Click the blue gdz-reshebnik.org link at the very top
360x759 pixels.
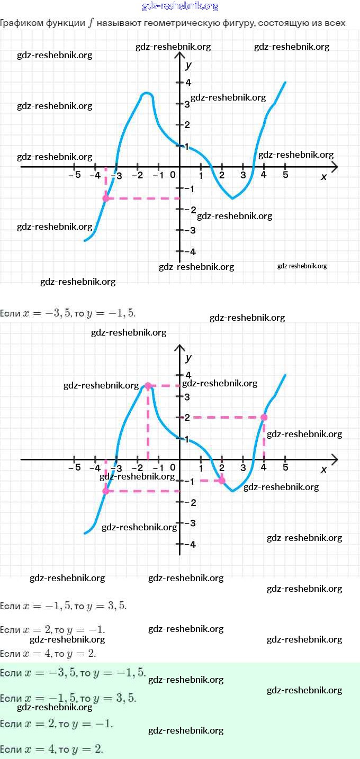(180, 6)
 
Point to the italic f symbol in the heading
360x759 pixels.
(91, 23)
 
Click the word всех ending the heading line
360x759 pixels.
(334, 23)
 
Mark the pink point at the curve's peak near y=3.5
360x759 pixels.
(148, 386)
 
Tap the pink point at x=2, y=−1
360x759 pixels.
(222, 481)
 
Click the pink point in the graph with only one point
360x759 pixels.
(106, 198)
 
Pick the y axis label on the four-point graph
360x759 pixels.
(188, 358)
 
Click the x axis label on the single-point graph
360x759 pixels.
(324, 177)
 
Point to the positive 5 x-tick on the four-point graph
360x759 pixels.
(285, 468)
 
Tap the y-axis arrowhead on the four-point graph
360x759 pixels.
(179, 349)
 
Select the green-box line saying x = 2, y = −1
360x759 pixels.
(57, 724)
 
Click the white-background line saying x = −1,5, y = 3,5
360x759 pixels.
(64, 606)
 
